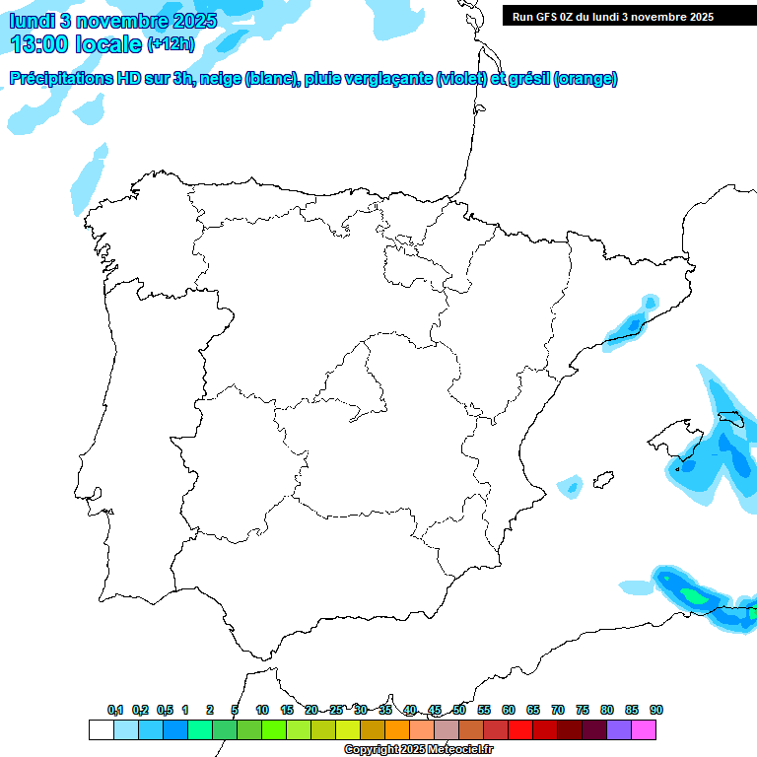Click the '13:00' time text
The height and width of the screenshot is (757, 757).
40,44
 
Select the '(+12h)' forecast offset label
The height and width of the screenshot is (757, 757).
171,44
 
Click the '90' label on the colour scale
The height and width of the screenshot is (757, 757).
656,710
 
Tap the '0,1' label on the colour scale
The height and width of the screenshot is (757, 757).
115,710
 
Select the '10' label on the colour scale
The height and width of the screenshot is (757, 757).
262,710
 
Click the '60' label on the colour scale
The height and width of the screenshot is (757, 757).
509,710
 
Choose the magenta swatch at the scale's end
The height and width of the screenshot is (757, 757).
644,729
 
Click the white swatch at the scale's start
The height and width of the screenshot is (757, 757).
101,729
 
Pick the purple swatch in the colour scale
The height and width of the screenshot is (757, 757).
619,729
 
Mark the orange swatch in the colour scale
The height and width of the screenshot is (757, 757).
397,729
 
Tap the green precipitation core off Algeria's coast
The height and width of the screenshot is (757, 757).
696,595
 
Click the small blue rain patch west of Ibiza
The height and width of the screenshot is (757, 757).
570,485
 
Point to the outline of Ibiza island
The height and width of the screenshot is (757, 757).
600,481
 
